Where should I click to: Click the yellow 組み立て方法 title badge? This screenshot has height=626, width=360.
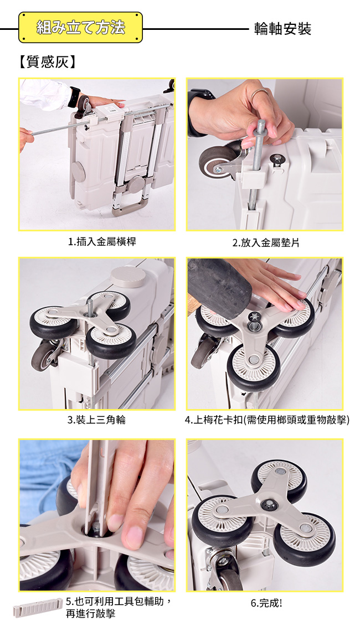pyautogui.click(x=80, y=28)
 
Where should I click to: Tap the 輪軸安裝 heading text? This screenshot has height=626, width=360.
pyautogui.click(x=282, y=29)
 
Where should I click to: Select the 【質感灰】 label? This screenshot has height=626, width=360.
pyautogui.click(x=47, y=62)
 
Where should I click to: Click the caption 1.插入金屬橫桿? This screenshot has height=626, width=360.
pyautogui.click(x=102, y=241)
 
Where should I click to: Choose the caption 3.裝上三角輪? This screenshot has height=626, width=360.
pyautogui.click(x=96, y=420)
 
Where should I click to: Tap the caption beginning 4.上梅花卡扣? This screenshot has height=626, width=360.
pyautogui.click(x=267, y=420)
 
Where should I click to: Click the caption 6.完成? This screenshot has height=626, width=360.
pyautogui.click(x=266, y=603)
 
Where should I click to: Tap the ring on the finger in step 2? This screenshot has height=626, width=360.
pyautogui.click(x=260, y=94)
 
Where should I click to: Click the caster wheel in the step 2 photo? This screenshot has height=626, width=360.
pyautogui.click(x=217, y=163)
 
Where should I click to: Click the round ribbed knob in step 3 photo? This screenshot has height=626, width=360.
pyautogui.click(x=128, y=277)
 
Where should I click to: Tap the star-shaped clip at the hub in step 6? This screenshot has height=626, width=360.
pyautogui.click(x=269, y=505)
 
